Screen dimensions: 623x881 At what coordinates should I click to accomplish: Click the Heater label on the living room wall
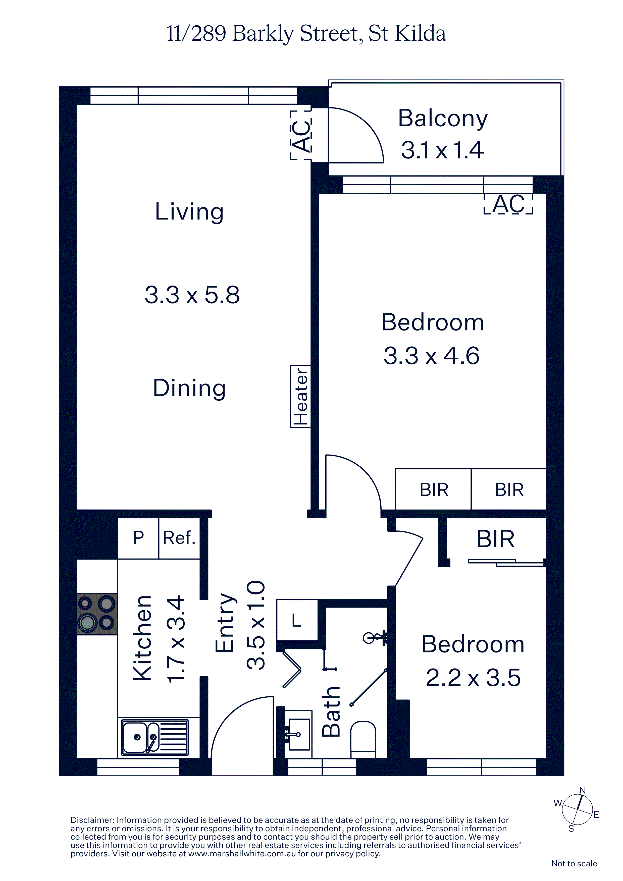pyautogui.click(x=300, y=396)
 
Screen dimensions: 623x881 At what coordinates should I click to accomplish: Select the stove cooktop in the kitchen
pyautogui.click(x=97, y=614)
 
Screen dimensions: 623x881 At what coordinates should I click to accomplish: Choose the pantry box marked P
pyautogui.click(x=138, y=538)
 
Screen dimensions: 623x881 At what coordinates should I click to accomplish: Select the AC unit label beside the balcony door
pyautogui.click(x=300, y=135)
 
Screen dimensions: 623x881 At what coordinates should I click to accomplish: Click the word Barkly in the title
pyautogui.click(x=263, y=34)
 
